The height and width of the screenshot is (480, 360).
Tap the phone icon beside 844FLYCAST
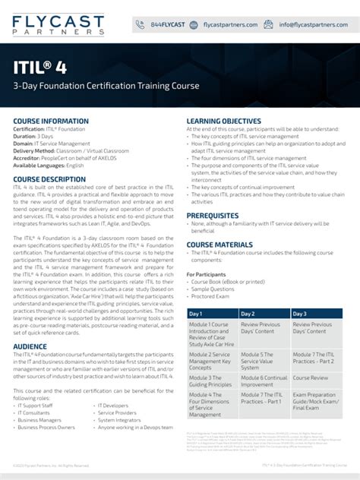point(141,24)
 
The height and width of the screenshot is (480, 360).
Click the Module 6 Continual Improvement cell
point(264,381)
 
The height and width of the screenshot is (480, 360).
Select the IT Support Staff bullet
point(36,406)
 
